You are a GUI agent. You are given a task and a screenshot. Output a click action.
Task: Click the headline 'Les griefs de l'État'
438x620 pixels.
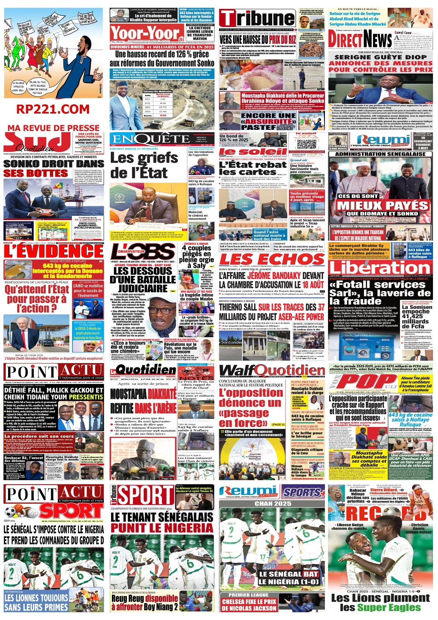pos(144,165)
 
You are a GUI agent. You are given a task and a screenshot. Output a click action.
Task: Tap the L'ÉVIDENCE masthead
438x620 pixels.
pos(54,251)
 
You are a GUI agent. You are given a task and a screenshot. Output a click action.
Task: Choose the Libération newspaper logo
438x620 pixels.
pos(380,268)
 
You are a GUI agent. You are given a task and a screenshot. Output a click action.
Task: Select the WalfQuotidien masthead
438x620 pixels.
pos(272,370)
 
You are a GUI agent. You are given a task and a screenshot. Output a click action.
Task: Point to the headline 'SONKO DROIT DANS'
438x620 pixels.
pos(53,164)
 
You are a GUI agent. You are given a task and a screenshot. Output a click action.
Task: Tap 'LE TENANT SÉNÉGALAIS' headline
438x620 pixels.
pos(162,517)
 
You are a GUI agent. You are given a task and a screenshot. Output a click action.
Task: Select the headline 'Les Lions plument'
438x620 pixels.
pos(380,598)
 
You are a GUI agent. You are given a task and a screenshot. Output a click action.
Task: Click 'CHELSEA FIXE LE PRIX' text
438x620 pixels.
pos(249,602)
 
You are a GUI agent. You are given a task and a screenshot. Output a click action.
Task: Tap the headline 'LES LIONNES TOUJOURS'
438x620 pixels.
pos(36,598)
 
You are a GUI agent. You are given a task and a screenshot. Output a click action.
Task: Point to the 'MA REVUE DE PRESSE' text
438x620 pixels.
pos(53,127)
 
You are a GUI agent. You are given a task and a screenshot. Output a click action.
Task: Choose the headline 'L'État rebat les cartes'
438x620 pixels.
pos(252,168)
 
